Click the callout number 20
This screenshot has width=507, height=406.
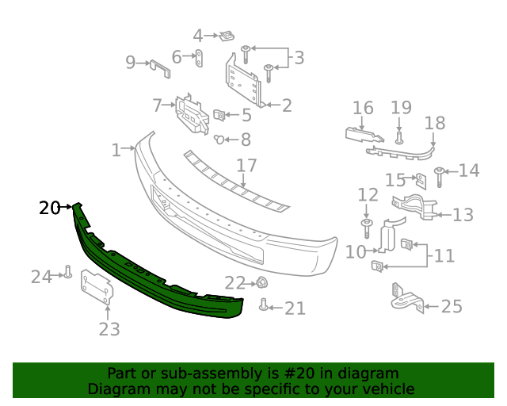coord(49,208)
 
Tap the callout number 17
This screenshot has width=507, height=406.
coord(247,166)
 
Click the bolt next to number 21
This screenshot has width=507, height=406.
coord(264,305)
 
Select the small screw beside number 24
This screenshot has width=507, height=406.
coord(68,274)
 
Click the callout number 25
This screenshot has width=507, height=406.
coord(451,305)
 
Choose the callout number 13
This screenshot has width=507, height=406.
coord(463,214)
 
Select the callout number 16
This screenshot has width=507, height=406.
coord(363,108)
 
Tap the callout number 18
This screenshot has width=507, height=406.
coord(435,123)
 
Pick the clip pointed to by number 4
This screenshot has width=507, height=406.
coord(228,36)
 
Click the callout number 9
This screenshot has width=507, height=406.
coord(131,62)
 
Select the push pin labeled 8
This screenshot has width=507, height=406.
coord(218,140)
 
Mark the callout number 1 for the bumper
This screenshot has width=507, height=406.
coord(116,149)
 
